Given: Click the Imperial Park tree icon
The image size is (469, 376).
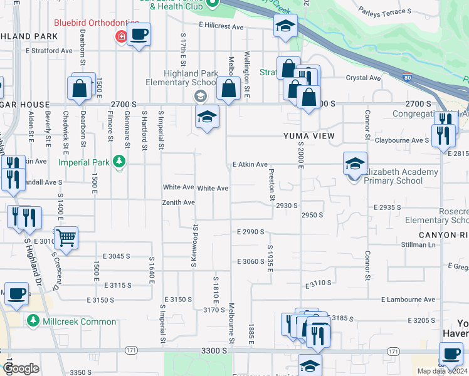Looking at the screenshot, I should (x=118, y=162).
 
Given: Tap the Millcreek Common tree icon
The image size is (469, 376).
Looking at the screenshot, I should (x=34, y=321).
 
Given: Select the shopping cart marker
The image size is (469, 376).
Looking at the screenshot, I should (x=65, y=238).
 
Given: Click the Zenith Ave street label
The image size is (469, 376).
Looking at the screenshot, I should (x=179, y=202).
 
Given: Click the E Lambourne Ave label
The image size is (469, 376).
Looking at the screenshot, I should (x=411, y=300).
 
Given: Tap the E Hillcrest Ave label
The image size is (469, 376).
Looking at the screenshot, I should (x=221, y=26).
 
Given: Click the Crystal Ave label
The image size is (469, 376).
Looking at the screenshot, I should (x=363, y=78).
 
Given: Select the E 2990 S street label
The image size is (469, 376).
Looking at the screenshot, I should (x=250, y=232).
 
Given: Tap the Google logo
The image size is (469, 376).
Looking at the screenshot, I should (x=21, y=368).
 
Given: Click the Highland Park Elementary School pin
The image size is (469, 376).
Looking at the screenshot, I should (x=200, y=96).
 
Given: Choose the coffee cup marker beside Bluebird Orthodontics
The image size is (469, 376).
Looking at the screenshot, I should (x=139, y=34).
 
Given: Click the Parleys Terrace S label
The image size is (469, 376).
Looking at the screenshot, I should (x=385, y=11).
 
